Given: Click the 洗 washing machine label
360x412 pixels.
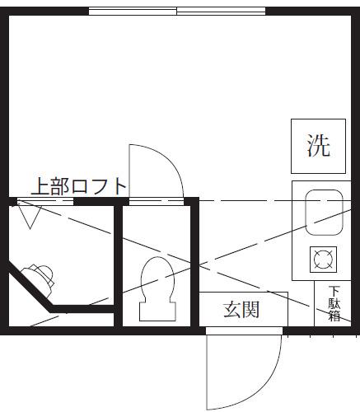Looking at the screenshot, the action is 318,146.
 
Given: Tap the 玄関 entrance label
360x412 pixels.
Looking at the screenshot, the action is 241,310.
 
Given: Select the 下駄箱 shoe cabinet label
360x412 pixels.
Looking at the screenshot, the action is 334,303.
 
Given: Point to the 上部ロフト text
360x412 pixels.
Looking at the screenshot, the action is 78,186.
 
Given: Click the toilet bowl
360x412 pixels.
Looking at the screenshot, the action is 157,279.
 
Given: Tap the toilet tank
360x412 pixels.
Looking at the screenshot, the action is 157,311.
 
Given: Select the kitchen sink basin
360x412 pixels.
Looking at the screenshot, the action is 325,213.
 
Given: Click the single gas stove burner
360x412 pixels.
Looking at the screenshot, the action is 323,260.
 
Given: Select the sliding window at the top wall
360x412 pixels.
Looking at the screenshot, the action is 177,12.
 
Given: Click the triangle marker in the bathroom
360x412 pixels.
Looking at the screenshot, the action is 30,217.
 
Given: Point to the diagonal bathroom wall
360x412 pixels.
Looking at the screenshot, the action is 30,287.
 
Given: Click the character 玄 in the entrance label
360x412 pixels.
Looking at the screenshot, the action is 232,310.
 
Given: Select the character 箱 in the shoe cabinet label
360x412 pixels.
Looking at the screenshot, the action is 334,316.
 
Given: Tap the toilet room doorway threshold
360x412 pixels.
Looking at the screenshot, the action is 157,202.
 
